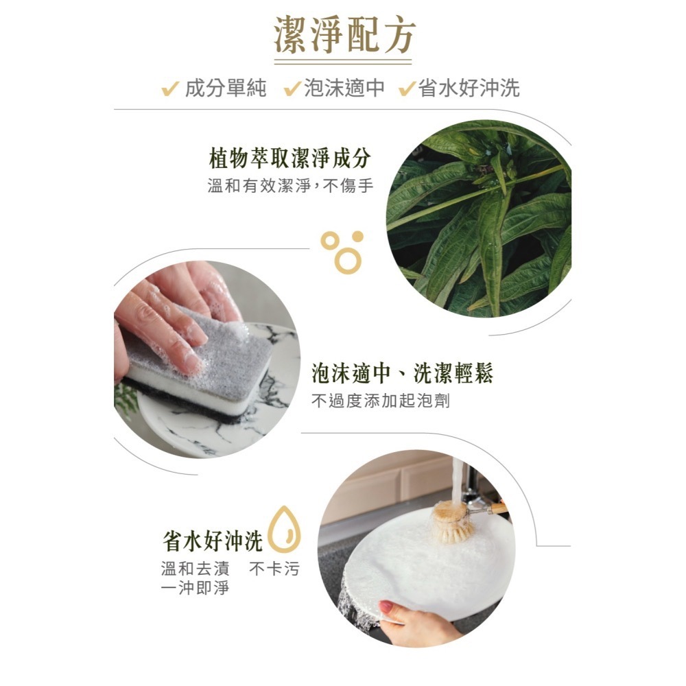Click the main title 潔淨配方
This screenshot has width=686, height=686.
pyautogui.click(x=344, y=36)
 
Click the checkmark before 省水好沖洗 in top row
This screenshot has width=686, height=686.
pyautogui.click(x=407, y=88)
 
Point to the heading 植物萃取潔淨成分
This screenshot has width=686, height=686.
pyautogui.click(x=289, y=158)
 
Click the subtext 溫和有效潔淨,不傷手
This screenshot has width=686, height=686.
pyautogui.click(x=290, y=185)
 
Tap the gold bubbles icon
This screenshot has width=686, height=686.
pyautogui.click(x=343, y=250)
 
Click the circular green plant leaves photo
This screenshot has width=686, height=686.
pyautogui.click(x=479, y=220)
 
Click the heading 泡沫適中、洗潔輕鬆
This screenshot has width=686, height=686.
pyautogui.click(x=402, y=374)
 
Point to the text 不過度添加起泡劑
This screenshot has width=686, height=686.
pyautogui.click(x=381, y=401)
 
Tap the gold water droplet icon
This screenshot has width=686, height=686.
pyautogui.click(x=284, y=529)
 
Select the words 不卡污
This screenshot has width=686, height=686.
pyautogui.click(x=274, y=569)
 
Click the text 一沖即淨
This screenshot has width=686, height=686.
pyautogui.click(x=194, y=588)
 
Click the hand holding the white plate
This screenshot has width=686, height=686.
pyautogui.click(x=412, y=621)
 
